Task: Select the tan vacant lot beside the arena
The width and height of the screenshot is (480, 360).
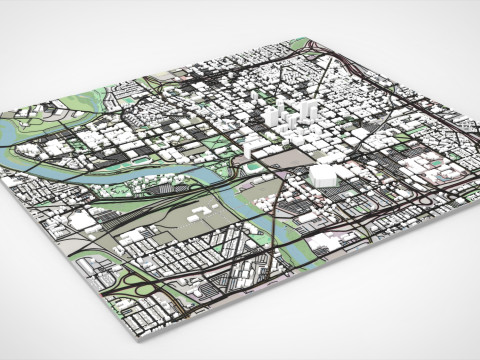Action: (x=291, y=157)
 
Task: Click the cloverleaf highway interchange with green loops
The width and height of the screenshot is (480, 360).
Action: (x=139, y=289)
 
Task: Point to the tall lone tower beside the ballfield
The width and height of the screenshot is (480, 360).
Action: (x=248, y=140)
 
